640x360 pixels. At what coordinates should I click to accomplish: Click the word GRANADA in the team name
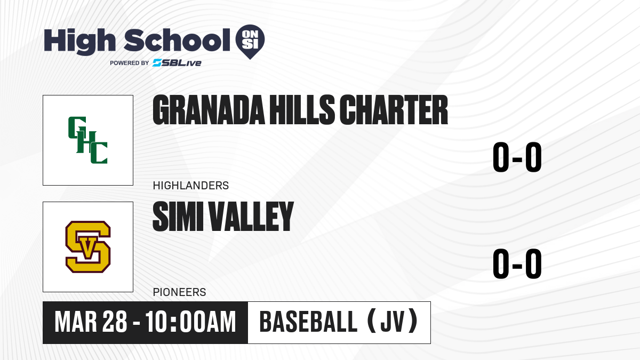click(209, 110)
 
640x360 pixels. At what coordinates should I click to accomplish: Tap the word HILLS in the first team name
click(302, 110)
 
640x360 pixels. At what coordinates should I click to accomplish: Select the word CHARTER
click(394, 110)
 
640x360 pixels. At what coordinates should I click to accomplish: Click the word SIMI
click(178, 217)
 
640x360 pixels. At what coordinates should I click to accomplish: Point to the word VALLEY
click(251, 217)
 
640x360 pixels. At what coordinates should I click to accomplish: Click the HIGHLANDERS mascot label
click(191, 186)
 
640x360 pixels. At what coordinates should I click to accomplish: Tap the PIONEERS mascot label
click(179, 292)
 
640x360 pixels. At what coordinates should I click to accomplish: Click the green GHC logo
click(87, 140)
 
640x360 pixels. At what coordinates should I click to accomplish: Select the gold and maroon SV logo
click(88, 247)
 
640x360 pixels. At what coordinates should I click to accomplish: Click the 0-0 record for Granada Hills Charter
click(517, 157)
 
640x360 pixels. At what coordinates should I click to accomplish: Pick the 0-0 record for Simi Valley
click(517, 263)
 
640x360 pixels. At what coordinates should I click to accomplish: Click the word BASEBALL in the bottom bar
click(308, 322)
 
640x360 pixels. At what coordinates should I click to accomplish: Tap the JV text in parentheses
click(393, 322)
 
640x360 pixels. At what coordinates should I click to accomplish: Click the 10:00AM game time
click(190, 322)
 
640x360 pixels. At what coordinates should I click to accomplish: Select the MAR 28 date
click(91, 322)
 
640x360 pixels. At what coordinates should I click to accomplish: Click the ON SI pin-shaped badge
click(250, 42)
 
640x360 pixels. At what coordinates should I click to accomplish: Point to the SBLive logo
click(177, 63)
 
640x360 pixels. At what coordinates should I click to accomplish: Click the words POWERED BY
click(130, 63)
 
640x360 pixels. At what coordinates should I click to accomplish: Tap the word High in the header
click(80, 42)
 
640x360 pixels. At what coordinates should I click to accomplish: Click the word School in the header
click(177, 40)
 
